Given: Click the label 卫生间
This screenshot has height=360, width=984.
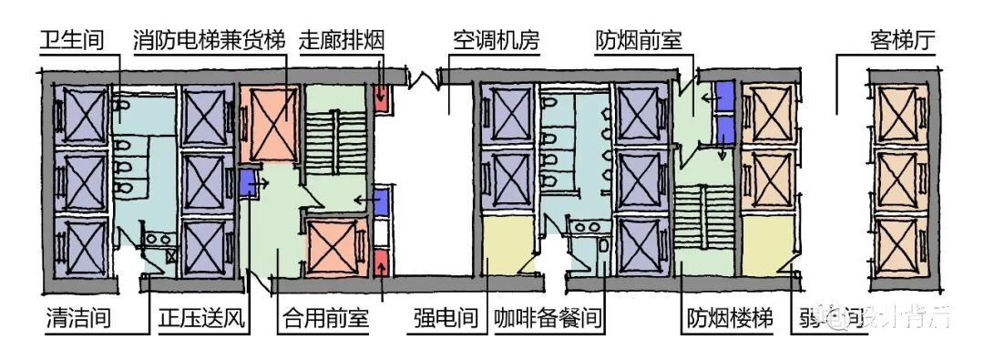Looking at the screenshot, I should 72,40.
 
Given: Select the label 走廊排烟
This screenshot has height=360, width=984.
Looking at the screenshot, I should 341,40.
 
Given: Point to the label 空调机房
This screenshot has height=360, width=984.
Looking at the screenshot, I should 497,40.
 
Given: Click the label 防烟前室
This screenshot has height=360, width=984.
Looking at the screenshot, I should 639,40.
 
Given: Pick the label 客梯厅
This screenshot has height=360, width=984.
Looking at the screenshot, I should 904,40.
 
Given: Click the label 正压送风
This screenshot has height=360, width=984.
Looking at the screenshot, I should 202,320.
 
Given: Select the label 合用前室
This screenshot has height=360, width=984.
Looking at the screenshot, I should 325,320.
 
